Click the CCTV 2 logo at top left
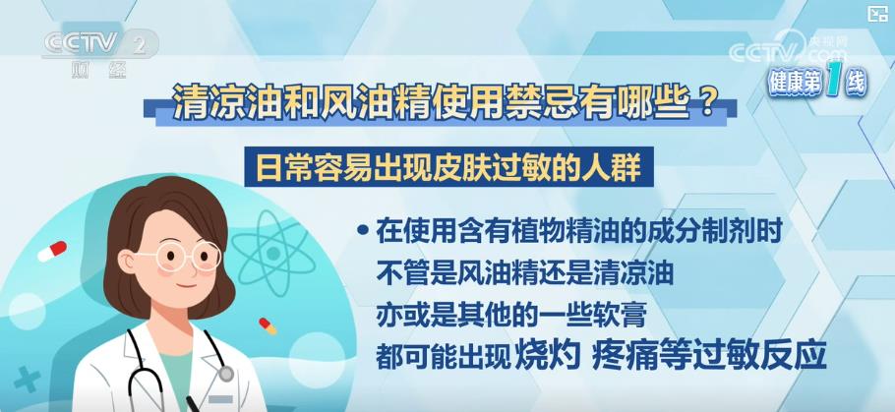pos(99,44)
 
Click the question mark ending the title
pos(706,104)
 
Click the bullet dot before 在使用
pos(361,231)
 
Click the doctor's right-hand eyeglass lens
pos(207,255)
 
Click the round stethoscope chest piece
pos(226,374)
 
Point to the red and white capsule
pos(52,251)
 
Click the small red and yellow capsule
pos(268,325)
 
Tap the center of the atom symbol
pos(272,254)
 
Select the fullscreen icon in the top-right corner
pos(877,14)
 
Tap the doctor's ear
pos(127,262)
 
